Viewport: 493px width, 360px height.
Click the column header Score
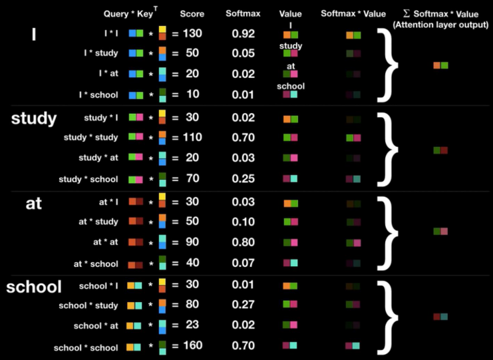click(192, 13)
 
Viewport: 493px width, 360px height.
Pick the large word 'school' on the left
click(34, 287)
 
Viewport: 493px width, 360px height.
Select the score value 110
click(193, 138)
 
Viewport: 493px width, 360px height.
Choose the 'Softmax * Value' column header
click(352, 13)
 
